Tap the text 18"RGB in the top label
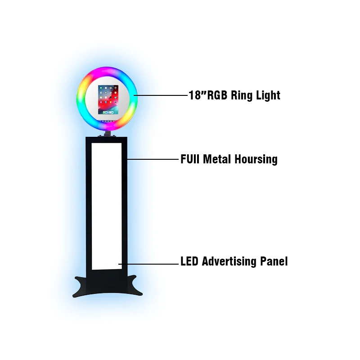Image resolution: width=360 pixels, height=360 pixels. [x=208, y=95]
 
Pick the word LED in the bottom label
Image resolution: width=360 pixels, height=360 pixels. [x=190, y=261]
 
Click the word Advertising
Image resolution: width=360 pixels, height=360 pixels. [x=230, y=261]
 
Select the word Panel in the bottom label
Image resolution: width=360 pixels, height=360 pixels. [x=274, y=261]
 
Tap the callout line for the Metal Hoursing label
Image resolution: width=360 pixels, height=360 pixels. [x=153, y=159]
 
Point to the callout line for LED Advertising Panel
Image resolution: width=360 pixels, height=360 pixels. [x=148, y=264]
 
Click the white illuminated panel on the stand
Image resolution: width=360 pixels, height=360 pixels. [x=107, y=202]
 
